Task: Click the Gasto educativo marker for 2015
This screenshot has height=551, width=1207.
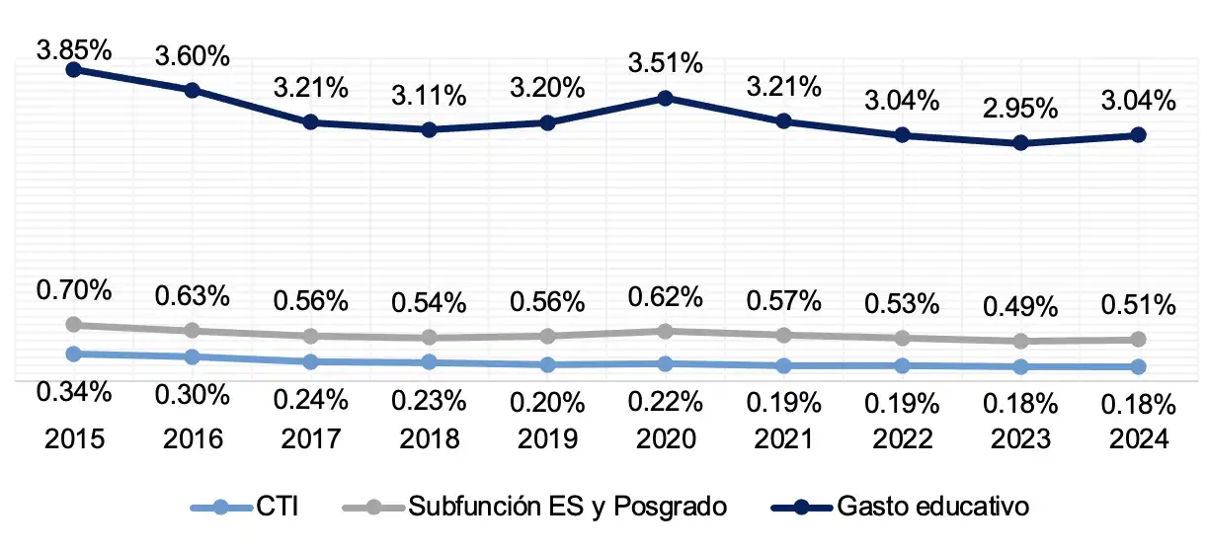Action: (74, 69)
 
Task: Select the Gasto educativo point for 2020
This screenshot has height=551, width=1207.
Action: (666, 98)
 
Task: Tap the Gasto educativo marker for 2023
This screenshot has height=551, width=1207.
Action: (1020, 142)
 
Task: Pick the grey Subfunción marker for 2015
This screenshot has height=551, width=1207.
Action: (74, 324)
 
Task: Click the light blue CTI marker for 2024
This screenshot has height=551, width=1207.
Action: (1138, 366)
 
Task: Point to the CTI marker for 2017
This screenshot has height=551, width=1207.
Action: (310, 361)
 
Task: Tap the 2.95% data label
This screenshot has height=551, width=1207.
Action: (1020, 107)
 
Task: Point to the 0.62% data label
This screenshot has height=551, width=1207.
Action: (666, 294)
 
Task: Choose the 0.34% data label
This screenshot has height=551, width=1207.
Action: (74, 392)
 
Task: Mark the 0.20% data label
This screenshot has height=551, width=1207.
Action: (547, 402)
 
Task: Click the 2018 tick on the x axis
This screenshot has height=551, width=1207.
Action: (429, 438)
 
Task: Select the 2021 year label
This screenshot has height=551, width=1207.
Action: (783, 438)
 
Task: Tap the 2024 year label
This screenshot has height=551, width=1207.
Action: (1138, 438)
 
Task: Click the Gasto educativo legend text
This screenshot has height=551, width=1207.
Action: (933, 508)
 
